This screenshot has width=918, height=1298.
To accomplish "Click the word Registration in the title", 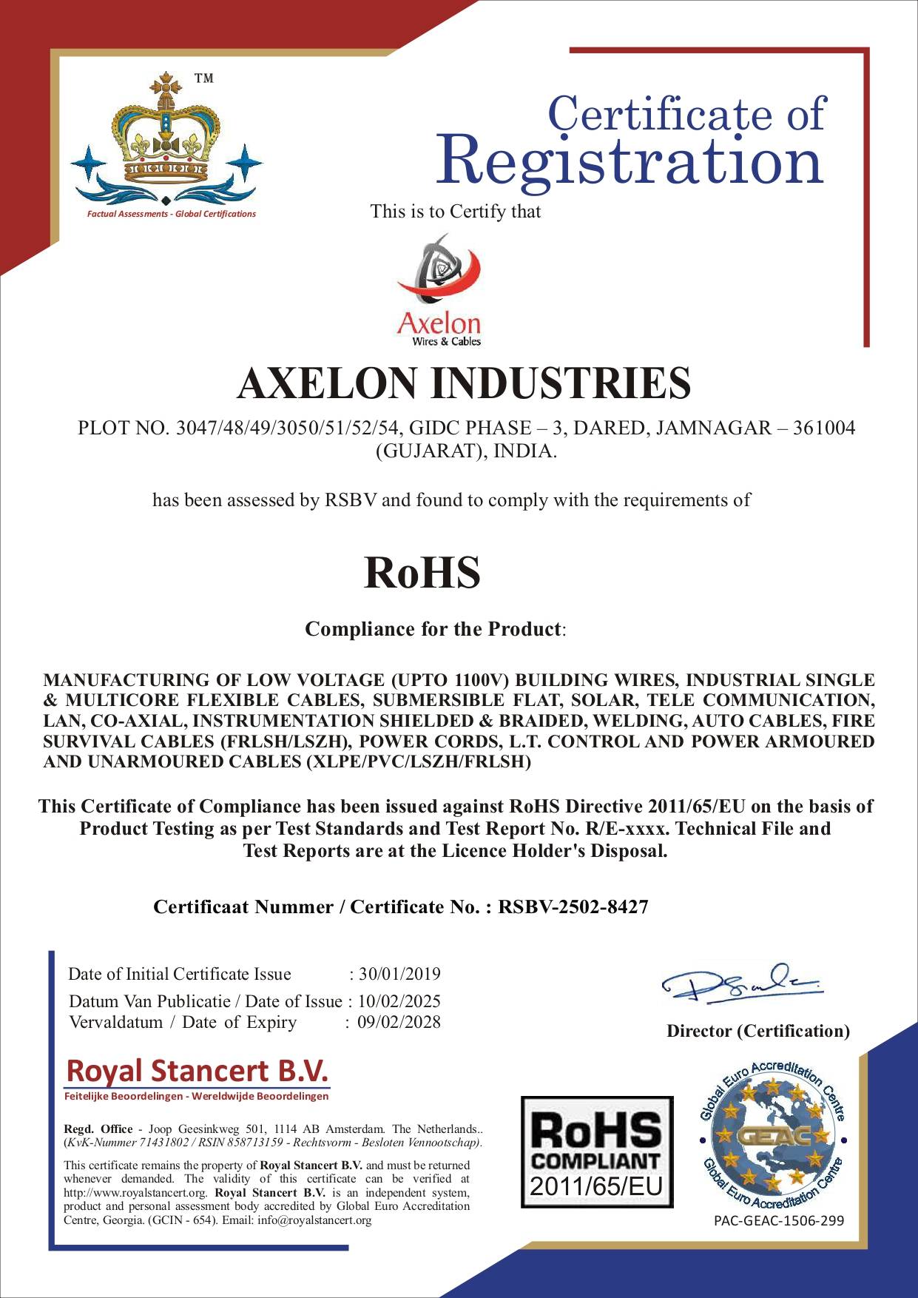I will coord(630,161).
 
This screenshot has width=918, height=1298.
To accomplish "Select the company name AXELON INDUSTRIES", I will coord(464,383).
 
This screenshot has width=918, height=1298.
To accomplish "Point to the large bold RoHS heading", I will coord(422,574).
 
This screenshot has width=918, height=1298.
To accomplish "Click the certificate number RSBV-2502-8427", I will coord(573,907).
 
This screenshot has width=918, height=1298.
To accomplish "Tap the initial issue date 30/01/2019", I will coord(399,974).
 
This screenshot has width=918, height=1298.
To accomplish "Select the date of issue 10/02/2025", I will coord(399,1001).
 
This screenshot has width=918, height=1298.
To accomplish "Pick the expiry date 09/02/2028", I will coord(399,1022).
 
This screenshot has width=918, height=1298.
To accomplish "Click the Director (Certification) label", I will coord(758,1031).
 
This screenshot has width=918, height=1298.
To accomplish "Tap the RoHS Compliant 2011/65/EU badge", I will coord(597,1152).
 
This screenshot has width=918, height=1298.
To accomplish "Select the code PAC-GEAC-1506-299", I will coord(779,1221).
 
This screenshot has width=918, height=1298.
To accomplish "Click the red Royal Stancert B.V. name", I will coord(197,1070).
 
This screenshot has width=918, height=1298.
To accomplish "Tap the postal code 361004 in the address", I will coord(823,428).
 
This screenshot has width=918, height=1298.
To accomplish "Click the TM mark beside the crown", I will coord(203,78).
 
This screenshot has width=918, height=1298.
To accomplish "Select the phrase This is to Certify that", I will coord(456,212).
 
